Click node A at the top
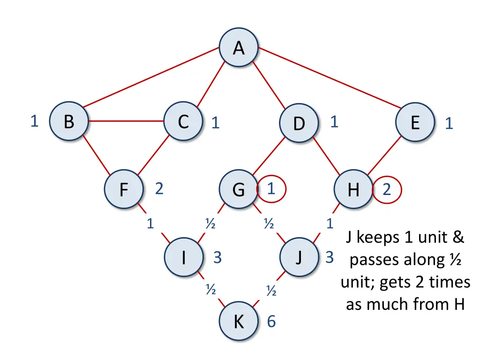(x=239, y=47)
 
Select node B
(x=69, y=121)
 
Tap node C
(x=183, y=121)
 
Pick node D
(x=299, y=123)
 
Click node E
(x=415, y=122)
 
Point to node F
(x=124, y=189)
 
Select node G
(x=239, y=189)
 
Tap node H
(x=353, y=189)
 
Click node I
(x=184, y=257)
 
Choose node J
(x=299, y=257)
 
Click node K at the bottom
(x=239, y=321)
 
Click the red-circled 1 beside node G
(x=271, y=189)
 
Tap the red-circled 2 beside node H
(x=387, y=190)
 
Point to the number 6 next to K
(x=271, y=321)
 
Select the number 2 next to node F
(x=159, y=188)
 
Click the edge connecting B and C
(x=126, y=121)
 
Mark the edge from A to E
(x=330, y=78)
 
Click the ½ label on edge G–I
(x=210, y=223)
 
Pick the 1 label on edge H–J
(x=330, y=224)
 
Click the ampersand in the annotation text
(x=458, y=237)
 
